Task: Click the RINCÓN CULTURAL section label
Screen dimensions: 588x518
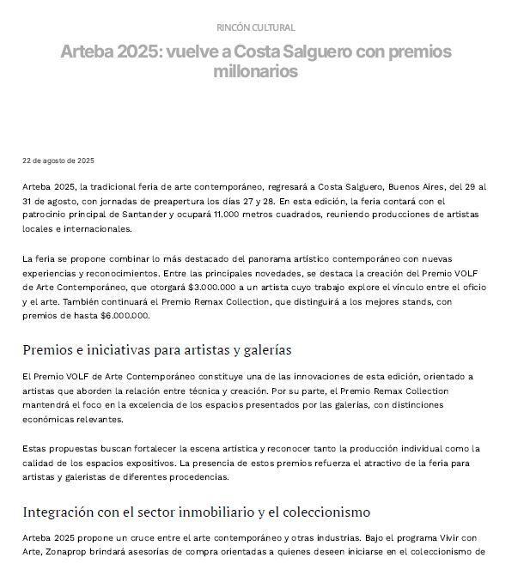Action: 255,27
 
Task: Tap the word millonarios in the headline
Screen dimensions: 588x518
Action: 255,72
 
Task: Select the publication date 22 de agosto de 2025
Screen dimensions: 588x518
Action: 58,161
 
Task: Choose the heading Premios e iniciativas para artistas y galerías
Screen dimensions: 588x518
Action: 157,350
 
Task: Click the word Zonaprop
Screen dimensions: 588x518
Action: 46,553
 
